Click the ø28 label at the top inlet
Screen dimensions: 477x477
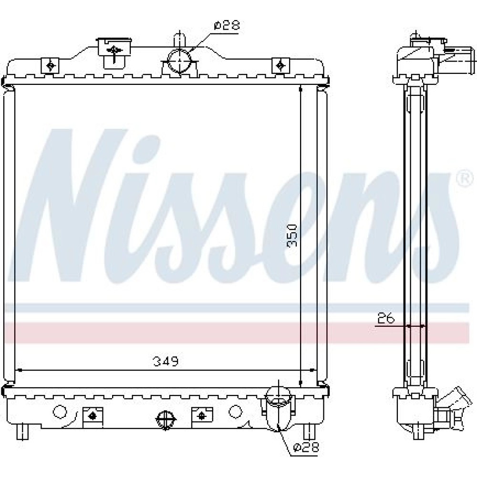coord(227,25)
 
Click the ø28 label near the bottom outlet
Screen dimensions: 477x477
coord(306,447)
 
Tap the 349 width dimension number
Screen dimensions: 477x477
coord(166,362)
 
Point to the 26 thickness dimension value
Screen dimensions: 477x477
coord(386,318)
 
